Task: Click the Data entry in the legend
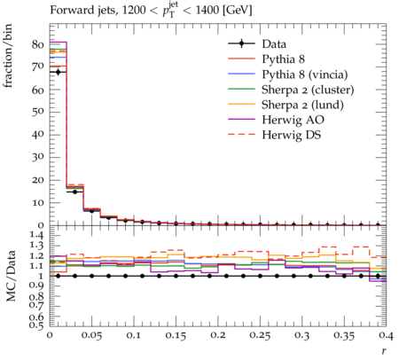tap(274, 44)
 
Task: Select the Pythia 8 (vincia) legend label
tap(305, 74)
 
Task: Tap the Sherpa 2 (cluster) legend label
tap(308, 90)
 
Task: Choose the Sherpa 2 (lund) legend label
tap(302, 105)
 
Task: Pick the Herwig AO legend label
tap(293, 120)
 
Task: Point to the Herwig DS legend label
tap(292, 135)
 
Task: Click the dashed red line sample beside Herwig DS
tap(241, 135)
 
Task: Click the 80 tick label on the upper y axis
tap(38, 44)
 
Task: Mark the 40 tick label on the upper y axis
tap(38, 135)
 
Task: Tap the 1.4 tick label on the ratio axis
tap(36, 236)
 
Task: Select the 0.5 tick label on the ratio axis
tap(36, 325)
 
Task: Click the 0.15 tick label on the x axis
tap(176, 336)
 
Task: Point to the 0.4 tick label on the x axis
tap(385, 336)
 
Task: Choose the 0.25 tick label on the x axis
tap(260, 336)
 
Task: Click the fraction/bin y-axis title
tap(8, 56)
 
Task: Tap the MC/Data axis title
tap(11, 276)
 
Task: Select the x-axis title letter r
tap(384, 351)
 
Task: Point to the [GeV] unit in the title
tap(237, 11)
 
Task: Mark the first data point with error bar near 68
tap(58, 72)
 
